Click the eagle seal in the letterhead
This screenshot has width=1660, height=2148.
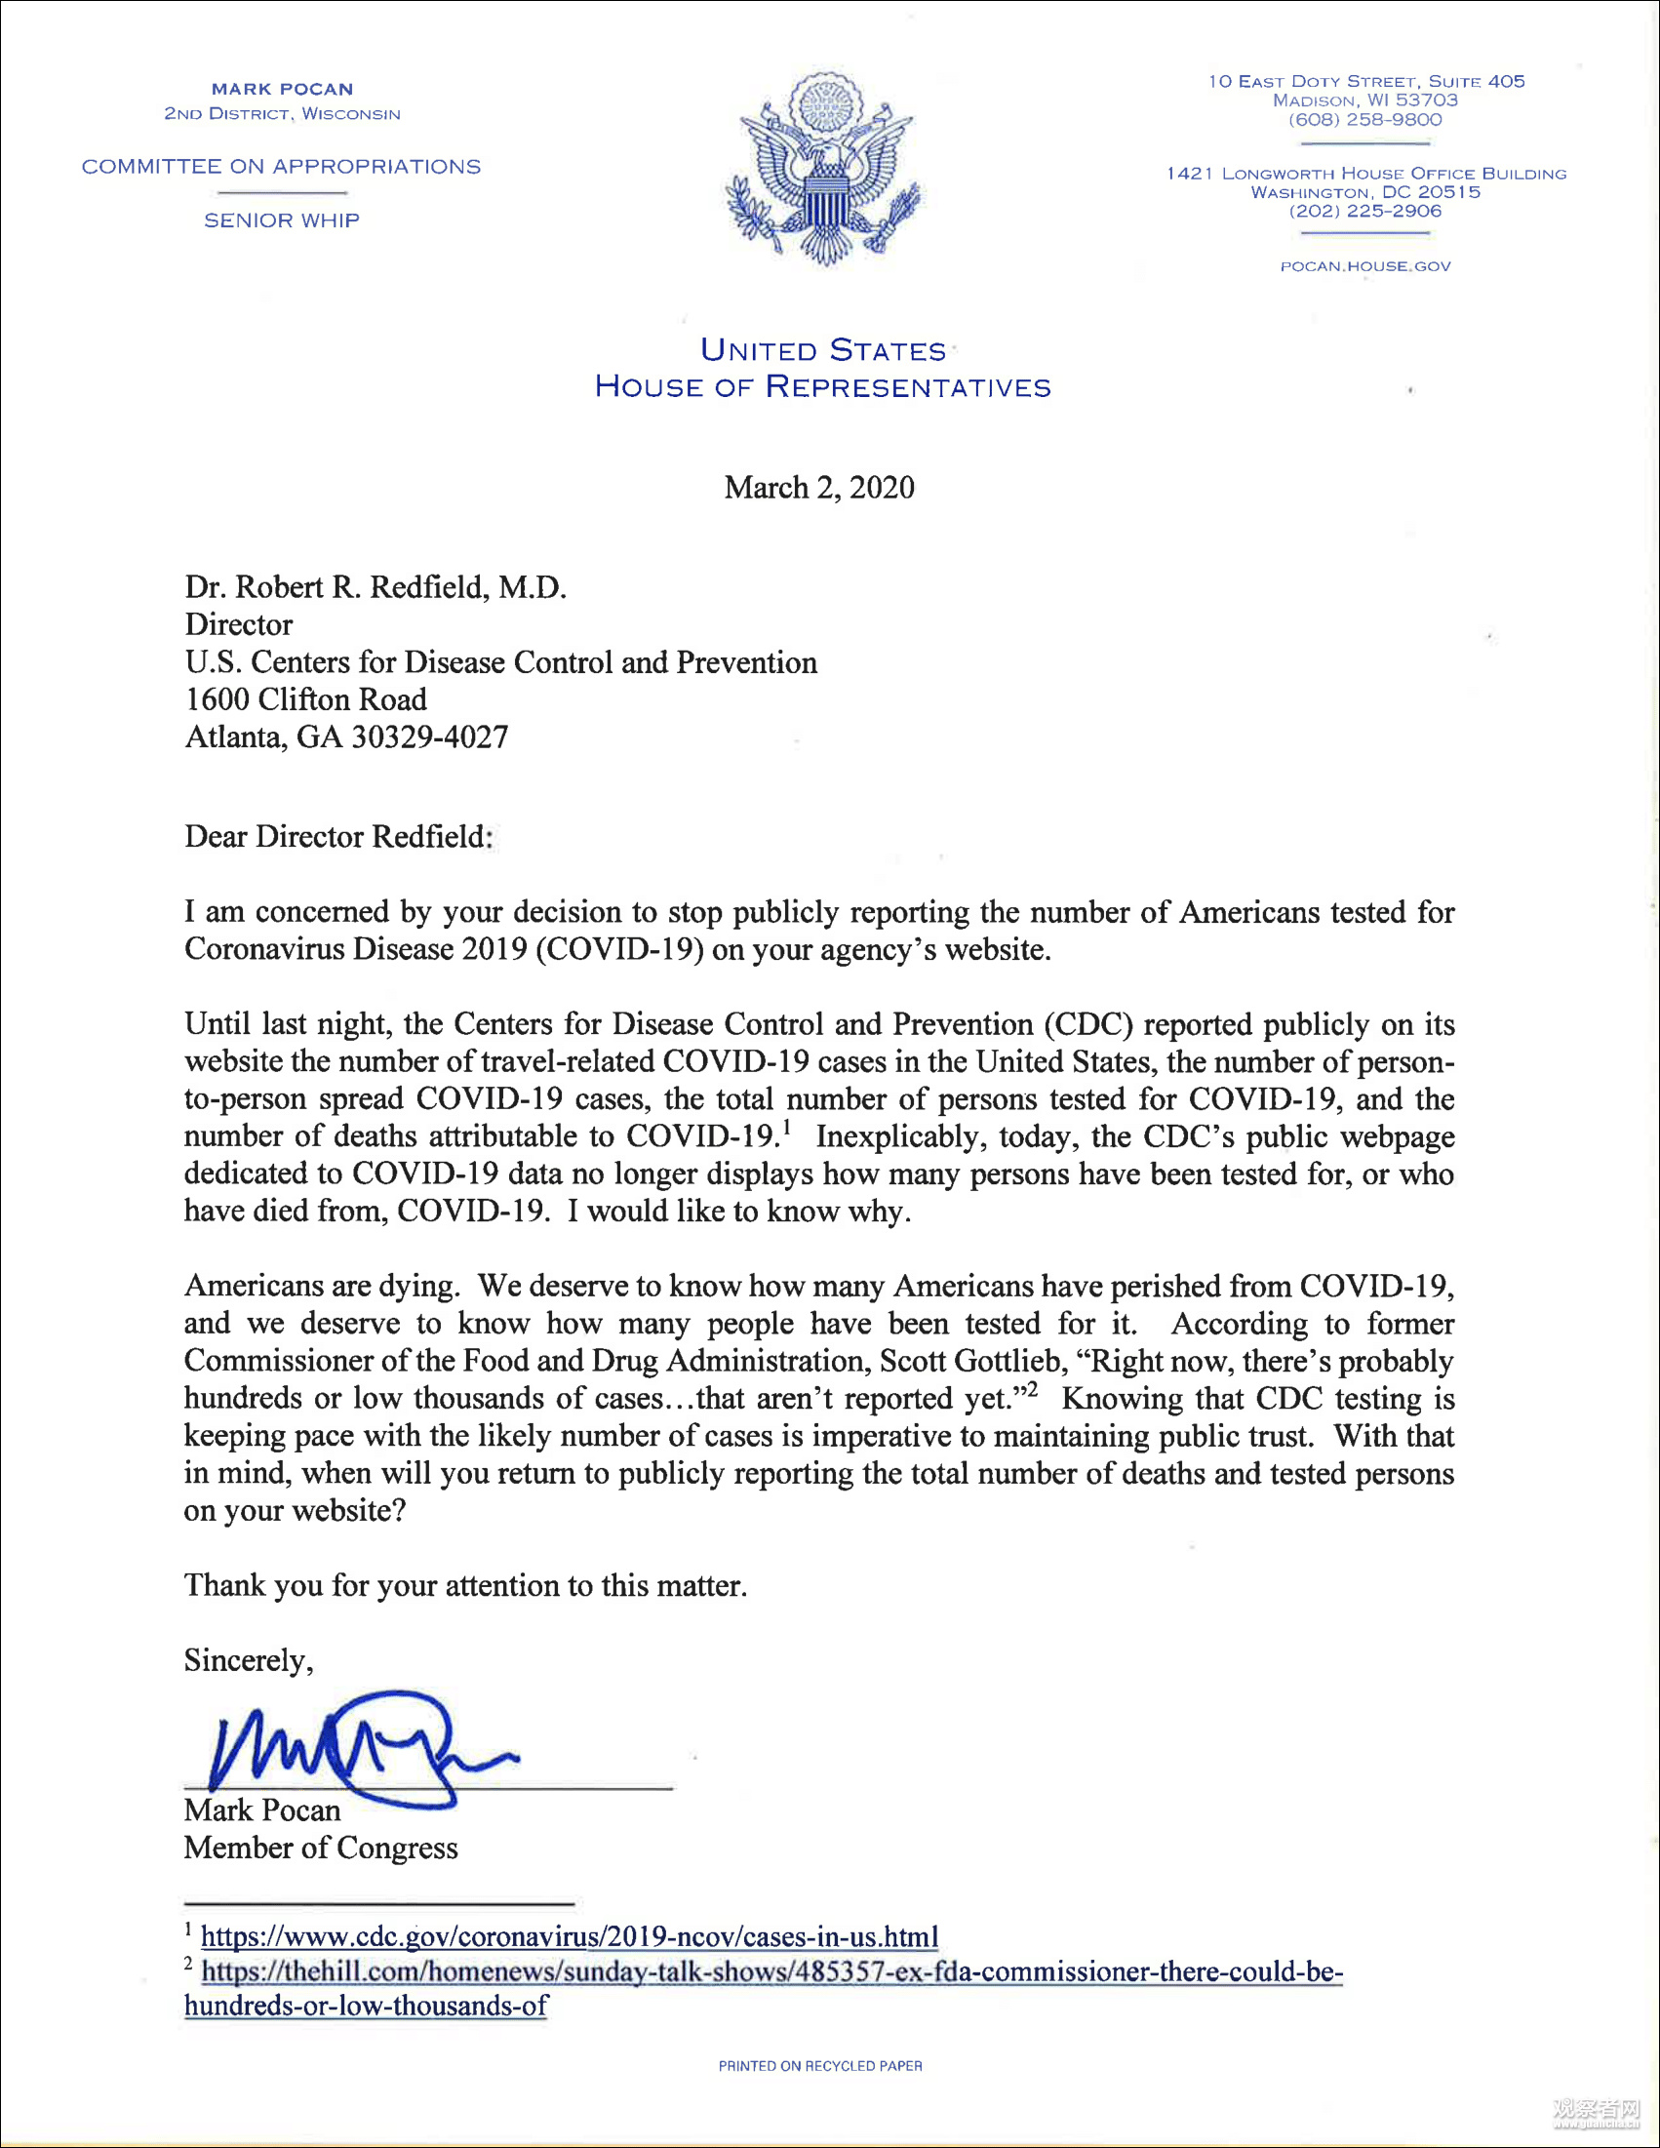(824, 169)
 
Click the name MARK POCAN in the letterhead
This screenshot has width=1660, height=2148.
(282, 90)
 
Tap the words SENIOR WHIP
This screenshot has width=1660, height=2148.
(282, 220)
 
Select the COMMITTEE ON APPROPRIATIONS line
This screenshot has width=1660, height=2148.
(281, 166)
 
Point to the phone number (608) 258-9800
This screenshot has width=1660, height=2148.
(1365, 120)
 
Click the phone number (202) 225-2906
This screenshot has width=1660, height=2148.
(1365, 211)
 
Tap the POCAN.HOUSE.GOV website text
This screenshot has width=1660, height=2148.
(1365, 266)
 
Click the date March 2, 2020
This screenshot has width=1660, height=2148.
(819, 488)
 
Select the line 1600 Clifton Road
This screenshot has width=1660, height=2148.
(306, 699)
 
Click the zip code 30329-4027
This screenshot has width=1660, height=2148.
(430, 736)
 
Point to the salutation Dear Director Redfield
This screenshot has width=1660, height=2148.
(338, 836)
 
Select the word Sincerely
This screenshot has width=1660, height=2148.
(248, 1660)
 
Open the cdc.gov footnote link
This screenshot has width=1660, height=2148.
(570, 1936)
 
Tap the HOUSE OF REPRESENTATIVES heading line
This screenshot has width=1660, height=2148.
(823, 386)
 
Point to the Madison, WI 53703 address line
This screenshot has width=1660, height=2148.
(1365, 100)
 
